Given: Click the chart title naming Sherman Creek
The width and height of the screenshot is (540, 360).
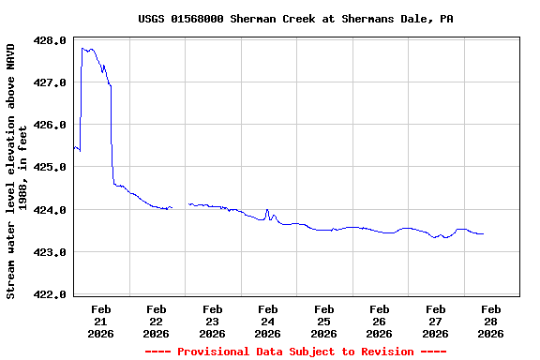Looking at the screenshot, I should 296,19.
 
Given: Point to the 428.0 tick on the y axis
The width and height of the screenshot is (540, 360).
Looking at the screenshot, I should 50,41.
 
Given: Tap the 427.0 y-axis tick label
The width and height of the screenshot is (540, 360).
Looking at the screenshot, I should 50,83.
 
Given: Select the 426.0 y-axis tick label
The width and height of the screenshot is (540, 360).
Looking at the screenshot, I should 50,126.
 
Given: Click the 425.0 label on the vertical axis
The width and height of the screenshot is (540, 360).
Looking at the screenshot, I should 50,168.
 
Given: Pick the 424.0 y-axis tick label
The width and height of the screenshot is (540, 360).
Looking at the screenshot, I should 50,211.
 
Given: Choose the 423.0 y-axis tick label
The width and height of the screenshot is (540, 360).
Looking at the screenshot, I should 50,253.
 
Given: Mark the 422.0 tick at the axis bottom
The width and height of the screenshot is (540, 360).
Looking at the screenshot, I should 50,295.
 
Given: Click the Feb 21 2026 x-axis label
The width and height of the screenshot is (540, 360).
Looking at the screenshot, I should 101,321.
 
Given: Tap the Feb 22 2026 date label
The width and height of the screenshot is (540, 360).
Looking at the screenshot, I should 157,321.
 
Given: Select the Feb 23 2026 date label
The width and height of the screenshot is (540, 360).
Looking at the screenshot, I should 213,321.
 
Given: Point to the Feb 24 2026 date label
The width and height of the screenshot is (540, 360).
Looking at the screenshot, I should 268,321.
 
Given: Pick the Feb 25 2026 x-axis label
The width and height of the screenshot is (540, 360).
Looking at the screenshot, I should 324,321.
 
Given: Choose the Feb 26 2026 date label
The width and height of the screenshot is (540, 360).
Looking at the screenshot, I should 380,321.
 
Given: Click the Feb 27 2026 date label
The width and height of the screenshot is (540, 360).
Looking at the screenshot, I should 435,321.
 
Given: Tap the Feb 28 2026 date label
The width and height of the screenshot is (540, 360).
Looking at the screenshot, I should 491,321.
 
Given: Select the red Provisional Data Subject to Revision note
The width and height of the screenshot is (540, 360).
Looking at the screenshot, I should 296,352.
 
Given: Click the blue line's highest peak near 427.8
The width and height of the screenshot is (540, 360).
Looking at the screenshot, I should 89,49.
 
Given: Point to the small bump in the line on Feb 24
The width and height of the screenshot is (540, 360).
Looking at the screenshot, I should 267,210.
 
